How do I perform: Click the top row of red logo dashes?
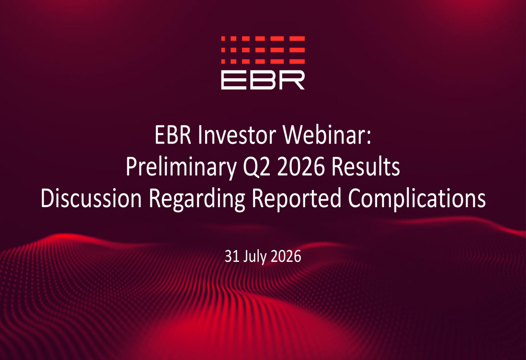coord(263,38)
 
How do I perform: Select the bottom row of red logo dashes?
coord(263,61)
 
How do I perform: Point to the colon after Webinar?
coord(369,138)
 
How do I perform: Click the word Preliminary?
coord(181,167)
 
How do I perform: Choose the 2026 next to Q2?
coord(301,167)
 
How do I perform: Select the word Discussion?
coord(91,198)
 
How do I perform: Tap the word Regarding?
coord(197,199)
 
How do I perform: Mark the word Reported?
coord(297,199)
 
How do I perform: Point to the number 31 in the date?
coord(231,256)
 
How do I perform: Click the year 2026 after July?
coord(286,256)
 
